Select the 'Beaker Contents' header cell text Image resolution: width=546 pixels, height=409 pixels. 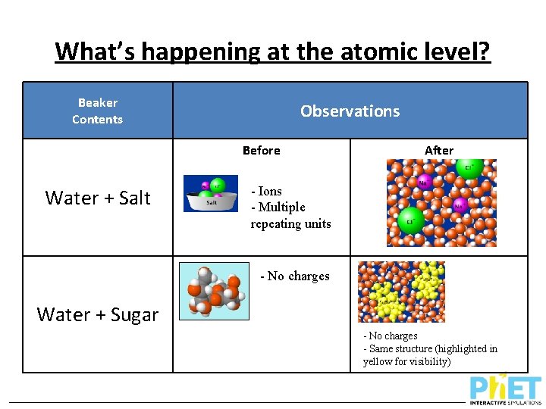98,111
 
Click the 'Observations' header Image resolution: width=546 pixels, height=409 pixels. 350,111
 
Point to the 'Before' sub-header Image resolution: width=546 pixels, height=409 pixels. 261,151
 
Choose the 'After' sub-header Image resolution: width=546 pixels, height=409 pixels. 439,151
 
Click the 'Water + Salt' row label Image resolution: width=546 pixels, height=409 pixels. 98,198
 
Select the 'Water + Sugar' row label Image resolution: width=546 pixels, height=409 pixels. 98,314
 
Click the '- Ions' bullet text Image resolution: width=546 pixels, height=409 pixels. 266,192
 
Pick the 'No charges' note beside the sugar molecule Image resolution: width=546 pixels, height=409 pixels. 295,276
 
